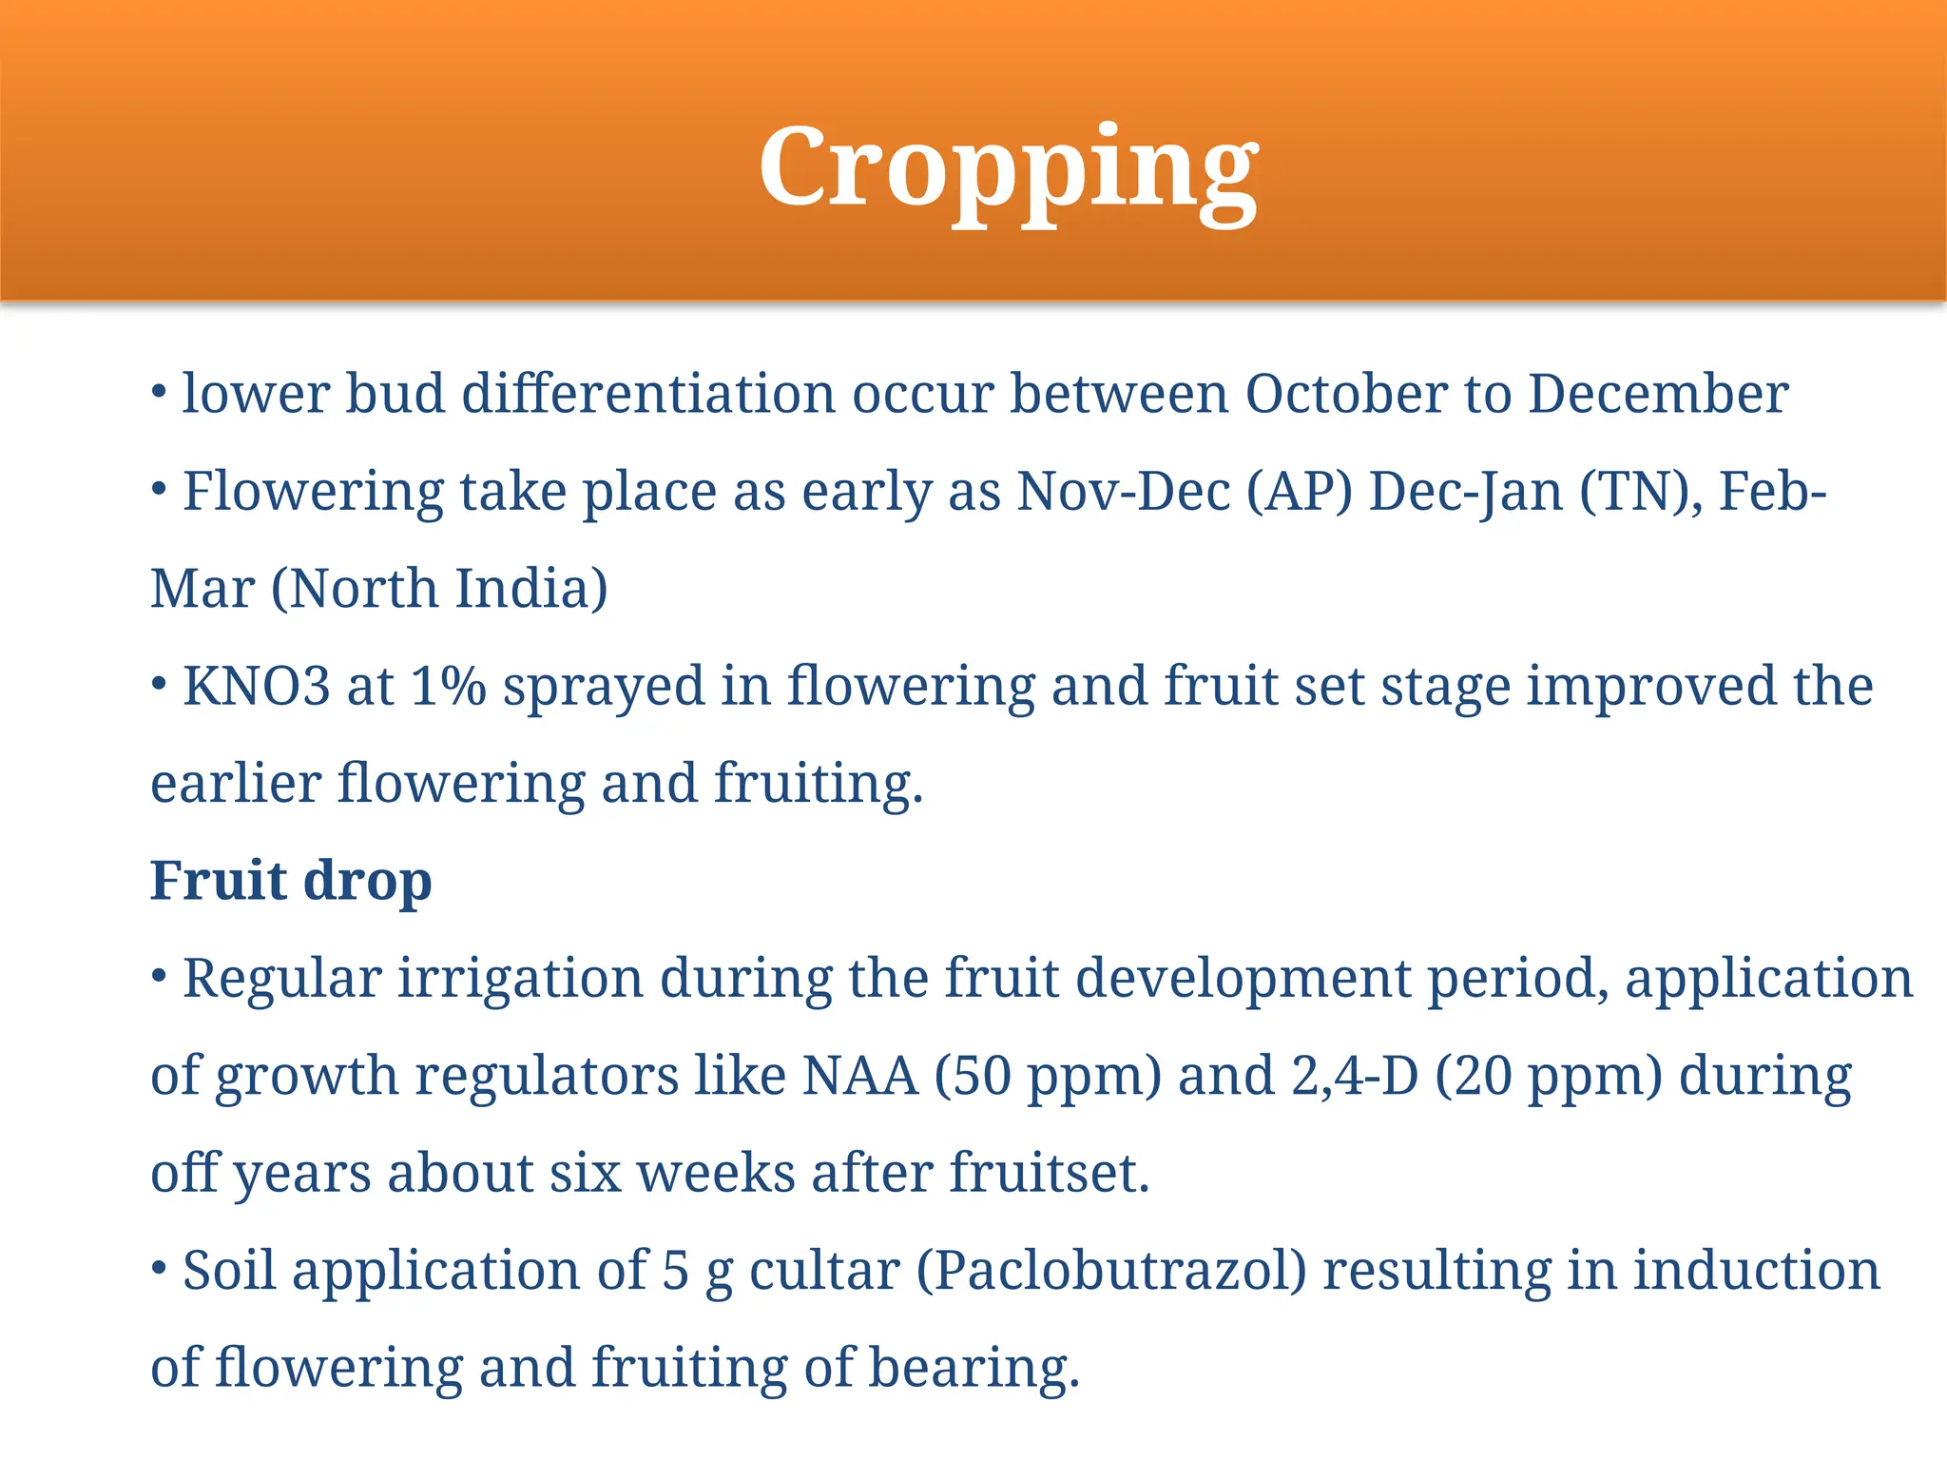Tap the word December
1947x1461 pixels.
pyautogui.click(x=1658, y=394)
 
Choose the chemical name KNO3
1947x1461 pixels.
pyautogui.click(x=257, y=687)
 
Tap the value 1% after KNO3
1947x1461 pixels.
pyautogui.click(x=448, y=687)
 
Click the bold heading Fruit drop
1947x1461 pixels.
pyautogui.click(x=291, y=881)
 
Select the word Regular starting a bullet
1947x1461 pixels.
pyautogui.click(x=281, y=980)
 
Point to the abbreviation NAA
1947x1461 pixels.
pyautogui.click(x=860, y=1077)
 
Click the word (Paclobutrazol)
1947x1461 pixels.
pyautogui.click(x=1111, y=1273)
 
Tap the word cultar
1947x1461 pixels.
pyautogui.click(x=824, y=1273)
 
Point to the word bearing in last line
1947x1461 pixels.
pyautogui.click(x=973, y=1370)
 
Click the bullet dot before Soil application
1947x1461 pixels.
pyautogui.click(x=160, y=1268)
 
